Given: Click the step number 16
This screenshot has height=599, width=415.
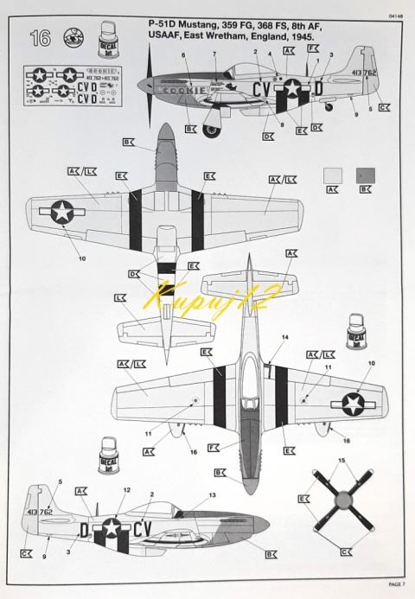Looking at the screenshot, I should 40,38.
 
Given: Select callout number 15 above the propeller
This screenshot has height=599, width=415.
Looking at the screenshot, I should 341,460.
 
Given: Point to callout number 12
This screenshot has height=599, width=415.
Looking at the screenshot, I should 126,490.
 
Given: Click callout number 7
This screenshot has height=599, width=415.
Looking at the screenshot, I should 214,54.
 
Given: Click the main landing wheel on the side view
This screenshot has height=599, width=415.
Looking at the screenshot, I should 211,131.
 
